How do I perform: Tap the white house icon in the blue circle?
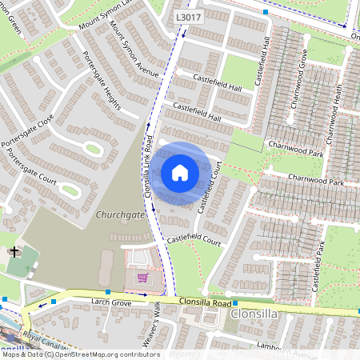[180, 172]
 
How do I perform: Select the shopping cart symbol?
[142, 278]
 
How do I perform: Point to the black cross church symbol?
[14, 253]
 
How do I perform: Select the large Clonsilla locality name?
[254, 314]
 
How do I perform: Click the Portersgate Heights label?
[102, 82]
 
